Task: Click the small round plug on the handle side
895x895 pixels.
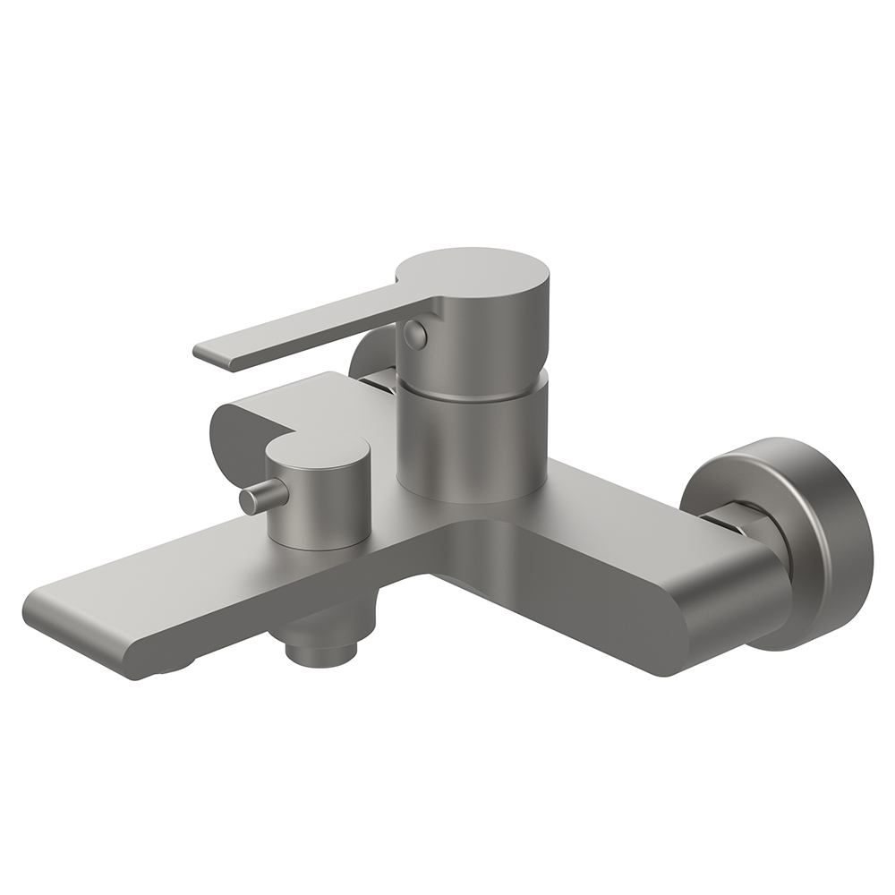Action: [414, 334]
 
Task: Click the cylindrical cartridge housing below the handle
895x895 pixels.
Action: [470, 439]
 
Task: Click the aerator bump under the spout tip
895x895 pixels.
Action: [170, 668]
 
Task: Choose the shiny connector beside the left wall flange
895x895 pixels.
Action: [379, 381]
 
